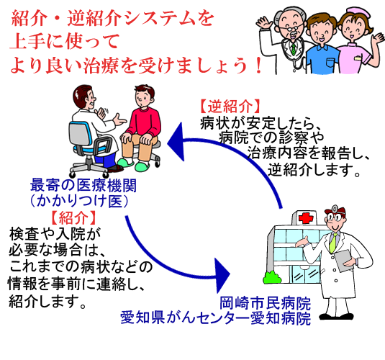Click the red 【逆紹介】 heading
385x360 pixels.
(x=230, y=107)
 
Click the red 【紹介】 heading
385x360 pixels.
(x=73, y=217)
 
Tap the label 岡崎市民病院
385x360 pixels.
(x=265, y=304)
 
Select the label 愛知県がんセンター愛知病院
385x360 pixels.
(x=216, y=318)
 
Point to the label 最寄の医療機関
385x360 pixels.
(x=83, y=185)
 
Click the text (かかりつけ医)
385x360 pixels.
(x=79, y=201)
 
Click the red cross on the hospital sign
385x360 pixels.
(x=305, y=217)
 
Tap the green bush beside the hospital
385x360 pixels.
(x=271, y=277)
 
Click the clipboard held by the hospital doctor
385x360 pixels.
(x=344, y=261)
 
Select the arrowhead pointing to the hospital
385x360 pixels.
(x=222, y=275)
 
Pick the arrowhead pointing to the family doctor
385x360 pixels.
(x=176, y=142)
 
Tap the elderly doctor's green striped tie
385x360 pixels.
(x=294, y=49)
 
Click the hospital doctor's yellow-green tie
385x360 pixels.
(x=332, y=243)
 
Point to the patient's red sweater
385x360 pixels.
(x=145, y=122)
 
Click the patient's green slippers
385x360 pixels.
(x=134, y=165)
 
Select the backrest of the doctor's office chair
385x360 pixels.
(x=79, y=134)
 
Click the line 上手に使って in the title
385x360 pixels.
(x=64, y=41)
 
